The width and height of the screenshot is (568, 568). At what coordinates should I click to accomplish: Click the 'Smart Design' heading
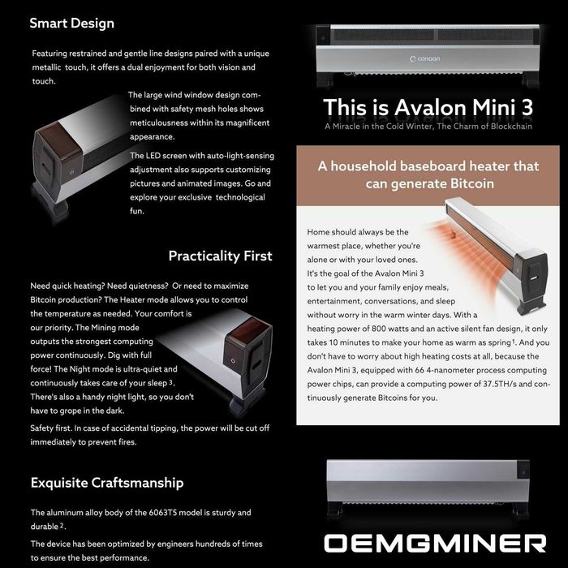coord(71,24)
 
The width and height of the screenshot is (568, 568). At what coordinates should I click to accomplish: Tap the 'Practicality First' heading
coord(220,256)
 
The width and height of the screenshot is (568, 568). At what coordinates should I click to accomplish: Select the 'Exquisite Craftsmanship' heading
coord(107,483)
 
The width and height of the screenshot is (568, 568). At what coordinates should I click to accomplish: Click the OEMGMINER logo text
coord(435,543)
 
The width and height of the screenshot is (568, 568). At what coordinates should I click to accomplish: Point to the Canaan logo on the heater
coord(424,58)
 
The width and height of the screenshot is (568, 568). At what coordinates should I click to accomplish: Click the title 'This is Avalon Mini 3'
coord(428,108)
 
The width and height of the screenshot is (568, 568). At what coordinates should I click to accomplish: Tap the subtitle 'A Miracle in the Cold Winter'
coord(379,127)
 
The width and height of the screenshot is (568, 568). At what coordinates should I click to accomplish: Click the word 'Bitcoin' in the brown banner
coord(470,183)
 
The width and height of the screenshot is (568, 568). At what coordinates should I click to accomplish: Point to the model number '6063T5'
coord(162,513)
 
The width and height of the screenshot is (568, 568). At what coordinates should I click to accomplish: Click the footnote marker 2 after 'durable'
coord(62,525)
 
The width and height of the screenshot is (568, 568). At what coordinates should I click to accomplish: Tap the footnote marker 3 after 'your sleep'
coord(170,382)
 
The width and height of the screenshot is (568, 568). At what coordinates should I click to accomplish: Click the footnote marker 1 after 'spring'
coord(514,342)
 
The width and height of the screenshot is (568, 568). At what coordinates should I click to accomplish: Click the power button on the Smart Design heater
coord(71,173)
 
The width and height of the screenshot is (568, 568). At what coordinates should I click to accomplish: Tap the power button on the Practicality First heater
coord(233,361)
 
